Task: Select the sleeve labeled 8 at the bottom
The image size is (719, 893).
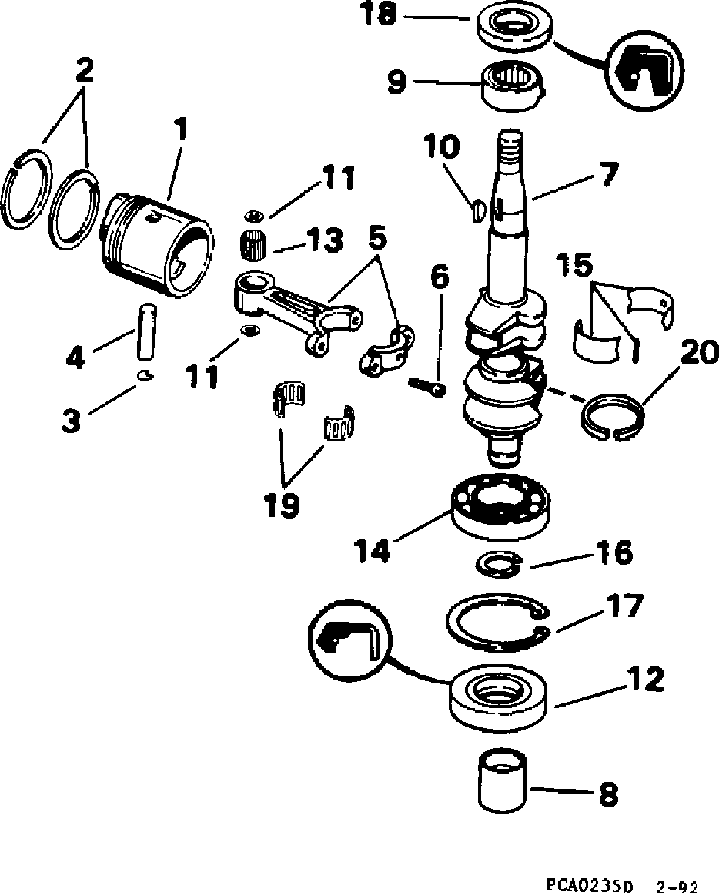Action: coord(500,780)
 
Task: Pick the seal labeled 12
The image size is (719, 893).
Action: coord(500,695)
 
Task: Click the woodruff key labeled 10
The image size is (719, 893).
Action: coord(476,209)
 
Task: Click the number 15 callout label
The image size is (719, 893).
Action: coord(577,266)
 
